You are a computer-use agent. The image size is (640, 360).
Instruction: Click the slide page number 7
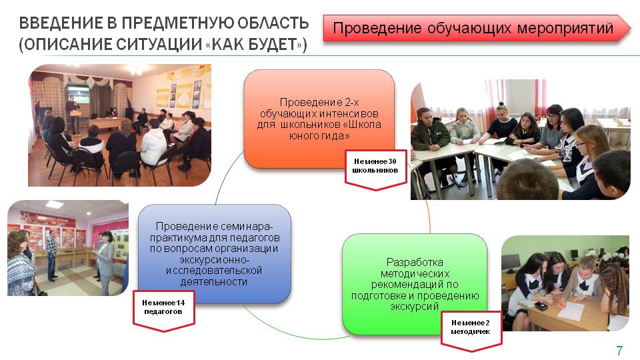619,350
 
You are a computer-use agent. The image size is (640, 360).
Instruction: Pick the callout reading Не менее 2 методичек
471,331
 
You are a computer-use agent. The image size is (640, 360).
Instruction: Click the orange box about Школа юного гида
319,119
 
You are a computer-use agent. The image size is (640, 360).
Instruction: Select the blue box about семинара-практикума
214,254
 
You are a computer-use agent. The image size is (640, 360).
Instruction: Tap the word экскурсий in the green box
415,306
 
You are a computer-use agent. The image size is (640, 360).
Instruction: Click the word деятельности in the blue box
214,281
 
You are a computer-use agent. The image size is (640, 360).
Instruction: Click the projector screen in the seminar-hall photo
78,94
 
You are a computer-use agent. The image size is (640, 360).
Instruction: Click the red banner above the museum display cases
49,219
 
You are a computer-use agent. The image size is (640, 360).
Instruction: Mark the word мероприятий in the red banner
565,28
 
